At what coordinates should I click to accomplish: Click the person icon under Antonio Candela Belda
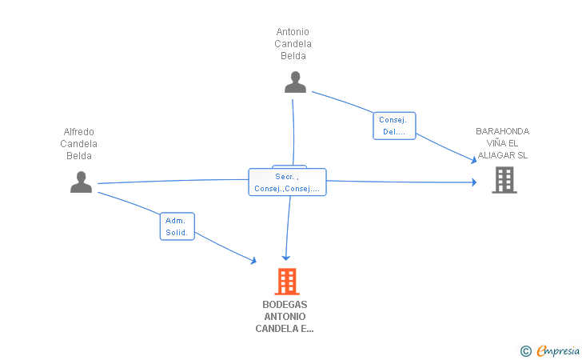[x=295, y=82]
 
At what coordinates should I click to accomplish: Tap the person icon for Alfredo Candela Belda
[x=81, y=182]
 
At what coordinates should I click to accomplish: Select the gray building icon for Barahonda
[x=504, y=180]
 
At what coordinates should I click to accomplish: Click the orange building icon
[x=287, y=281]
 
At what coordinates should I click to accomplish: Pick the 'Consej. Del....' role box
[x=394, y=126]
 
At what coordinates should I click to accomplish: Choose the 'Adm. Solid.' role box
[x=177, y=226]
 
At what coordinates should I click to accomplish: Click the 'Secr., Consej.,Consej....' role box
[x=287, y=182]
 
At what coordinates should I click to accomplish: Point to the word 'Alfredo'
[x=79, y=132]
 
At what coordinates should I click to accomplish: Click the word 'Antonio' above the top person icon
[x=293, y=32]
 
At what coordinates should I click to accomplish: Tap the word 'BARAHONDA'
[x=502, y=131]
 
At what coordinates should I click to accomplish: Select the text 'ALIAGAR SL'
[x=502, y=155]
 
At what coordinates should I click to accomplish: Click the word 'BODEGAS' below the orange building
[x=285, y=305]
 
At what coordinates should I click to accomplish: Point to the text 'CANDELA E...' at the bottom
[x=285, y=329]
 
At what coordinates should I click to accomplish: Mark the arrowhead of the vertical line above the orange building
[x=285, y=258]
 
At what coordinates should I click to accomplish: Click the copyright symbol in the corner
[x=525, y=350]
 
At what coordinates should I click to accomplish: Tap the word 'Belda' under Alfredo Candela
[x=79, y=156]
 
